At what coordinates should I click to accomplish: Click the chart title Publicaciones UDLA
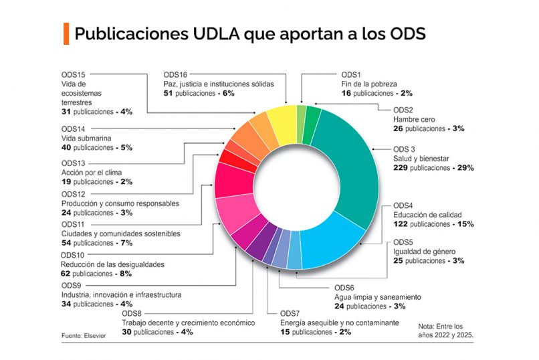click(249, 33)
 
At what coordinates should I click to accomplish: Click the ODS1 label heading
click(351, 74)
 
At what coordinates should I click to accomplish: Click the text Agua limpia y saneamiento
click(377, 296)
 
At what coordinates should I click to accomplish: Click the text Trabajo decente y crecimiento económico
click(188, 323)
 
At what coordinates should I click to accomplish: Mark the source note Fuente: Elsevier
click(84, 335)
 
